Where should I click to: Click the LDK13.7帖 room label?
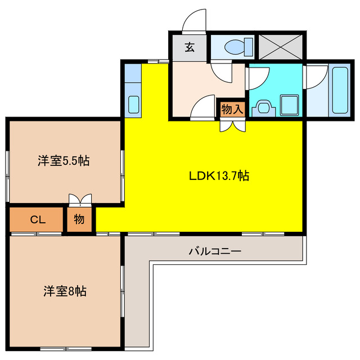(219, 176)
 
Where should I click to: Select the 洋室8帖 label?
(65, 292)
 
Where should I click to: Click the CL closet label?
(37, 219)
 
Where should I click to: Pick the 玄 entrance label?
(190, 48)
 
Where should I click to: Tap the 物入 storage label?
(232, 109)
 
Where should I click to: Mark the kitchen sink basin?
(134, 105)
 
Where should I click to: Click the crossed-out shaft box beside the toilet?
(280, 46)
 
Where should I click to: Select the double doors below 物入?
(232, 125)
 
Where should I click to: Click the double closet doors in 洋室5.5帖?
(79, 200)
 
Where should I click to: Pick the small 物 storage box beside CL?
(79, 219)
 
